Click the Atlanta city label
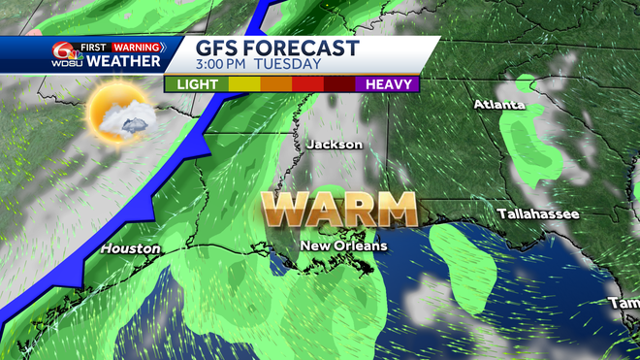pyautogui.click(x=497, y=104)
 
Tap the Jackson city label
pyautogui.click(x=334, y=145)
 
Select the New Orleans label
pyautogui.click(x=342, y=245)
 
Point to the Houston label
pyautogui.click(x=129, y=248)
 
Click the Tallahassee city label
pyautogui.click(x=538, y=213)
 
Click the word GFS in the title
pyautogui.click(x=218, y=49)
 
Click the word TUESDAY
pyautogui.click(x=288, y=65)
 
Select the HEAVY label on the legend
pyautogui.click(x=389, y=84)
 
